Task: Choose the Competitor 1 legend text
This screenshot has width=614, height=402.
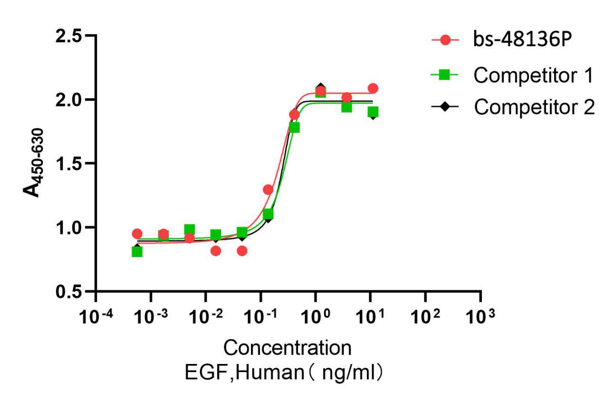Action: point(534,75)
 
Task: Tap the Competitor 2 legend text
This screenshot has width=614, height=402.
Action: point(534,108)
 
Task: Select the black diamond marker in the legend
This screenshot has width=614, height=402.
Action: point(445,108)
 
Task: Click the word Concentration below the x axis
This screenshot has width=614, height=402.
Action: point(288,348)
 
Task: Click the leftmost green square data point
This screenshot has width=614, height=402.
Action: point(137,251)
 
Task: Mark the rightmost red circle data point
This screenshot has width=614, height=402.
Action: point(373,88)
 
